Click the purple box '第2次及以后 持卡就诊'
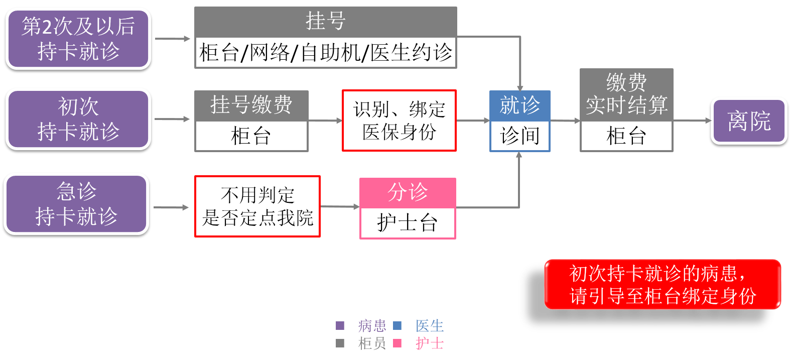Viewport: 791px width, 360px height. point(78,39)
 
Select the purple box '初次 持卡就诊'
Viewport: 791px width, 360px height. point(78,119)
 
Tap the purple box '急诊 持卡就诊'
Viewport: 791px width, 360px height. point(77,204)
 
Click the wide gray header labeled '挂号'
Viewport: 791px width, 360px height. point(325,22)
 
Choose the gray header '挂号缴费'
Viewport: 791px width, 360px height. point(251,105)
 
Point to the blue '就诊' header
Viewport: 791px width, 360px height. point(519,105)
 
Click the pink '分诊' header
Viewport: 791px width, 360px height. point(408,193)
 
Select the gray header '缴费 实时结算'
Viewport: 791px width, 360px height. point(626,94)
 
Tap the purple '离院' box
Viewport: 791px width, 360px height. point(749,121)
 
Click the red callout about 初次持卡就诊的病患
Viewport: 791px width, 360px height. point(663,284)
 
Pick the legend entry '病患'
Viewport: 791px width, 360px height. point(372,326)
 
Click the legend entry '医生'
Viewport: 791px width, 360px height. point(430,326)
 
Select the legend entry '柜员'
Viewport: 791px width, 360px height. point(372,343)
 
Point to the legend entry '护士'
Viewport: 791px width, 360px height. point(430,343)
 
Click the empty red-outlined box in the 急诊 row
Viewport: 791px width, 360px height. point(257,206)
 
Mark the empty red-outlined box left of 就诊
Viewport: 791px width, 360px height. point(399,121)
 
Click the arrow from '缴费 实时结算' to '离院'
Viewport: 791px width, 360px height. point(692,121)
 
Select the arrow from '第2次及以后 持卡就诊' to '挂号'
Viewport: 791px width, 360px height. point(173,39)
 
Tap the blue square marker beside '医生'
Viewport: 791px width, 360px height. point(397,326)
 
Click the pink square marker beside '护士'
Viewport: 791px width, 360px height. point(397,343)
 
